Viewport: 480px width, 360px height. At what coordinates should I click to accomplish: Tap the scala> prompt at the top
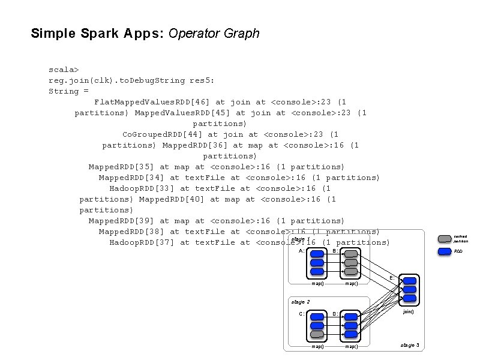coord(64,70)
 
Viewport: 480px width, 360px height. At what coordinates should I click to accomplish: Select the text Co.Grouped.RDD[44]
coord(163,134)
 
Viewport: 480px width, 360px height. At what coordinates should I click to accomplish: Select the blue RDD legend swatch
coord(445,251)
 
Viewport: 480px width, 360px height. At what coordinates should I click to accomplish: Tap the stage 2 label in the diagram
coord(299,301)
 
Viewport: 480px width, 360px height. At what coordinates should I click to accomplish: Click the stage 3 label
coord(410,345)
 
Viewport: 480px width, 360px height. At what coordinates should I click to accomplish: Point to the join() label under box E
coord(408,311)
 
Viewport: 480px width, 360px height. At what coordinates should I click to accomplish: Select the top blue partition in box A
coord(317,253)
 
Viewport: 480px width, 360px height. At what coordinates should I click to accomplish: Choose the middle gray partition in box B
coord(351,262)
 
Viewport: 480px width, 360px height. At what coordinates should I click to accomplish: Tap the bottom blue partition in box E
coord(409,298)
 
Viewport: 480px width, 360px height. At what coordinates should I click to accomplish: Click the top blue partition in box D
coord(351,315)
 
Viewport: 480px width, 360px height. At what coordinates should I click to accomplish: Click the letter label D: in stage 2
coord(335,314)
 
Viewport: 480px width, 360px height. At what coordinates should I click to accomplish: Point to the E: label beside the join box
coord(392,277)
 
